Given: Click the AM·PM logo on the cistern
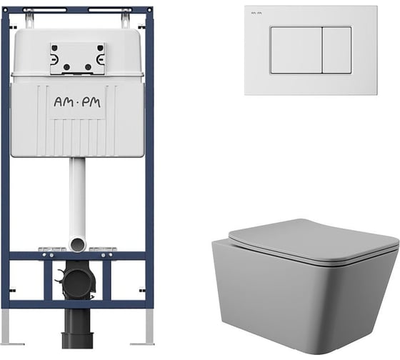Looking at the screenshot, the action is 77,102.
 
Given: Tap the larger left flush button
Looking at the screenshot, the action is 296,50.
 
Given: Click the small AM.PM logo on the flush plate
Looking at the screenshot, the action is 256,13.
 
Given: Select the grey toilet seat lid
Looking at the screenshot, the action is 314,241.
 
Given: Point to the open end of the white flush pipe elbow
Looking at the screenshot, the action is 77,244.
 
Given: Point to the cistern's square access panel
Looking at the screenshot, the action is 77,59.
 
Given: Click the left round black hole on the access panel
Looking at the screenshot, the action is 67,67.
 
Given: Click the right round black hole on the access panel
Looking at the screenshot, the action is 88,67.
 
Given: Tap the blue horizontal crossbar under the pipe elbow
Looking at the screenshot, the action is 77,256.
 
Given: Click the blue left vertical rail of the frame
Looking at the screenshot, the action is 5,158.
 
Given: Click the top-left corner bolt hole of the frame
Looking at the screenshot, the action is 5,10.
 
